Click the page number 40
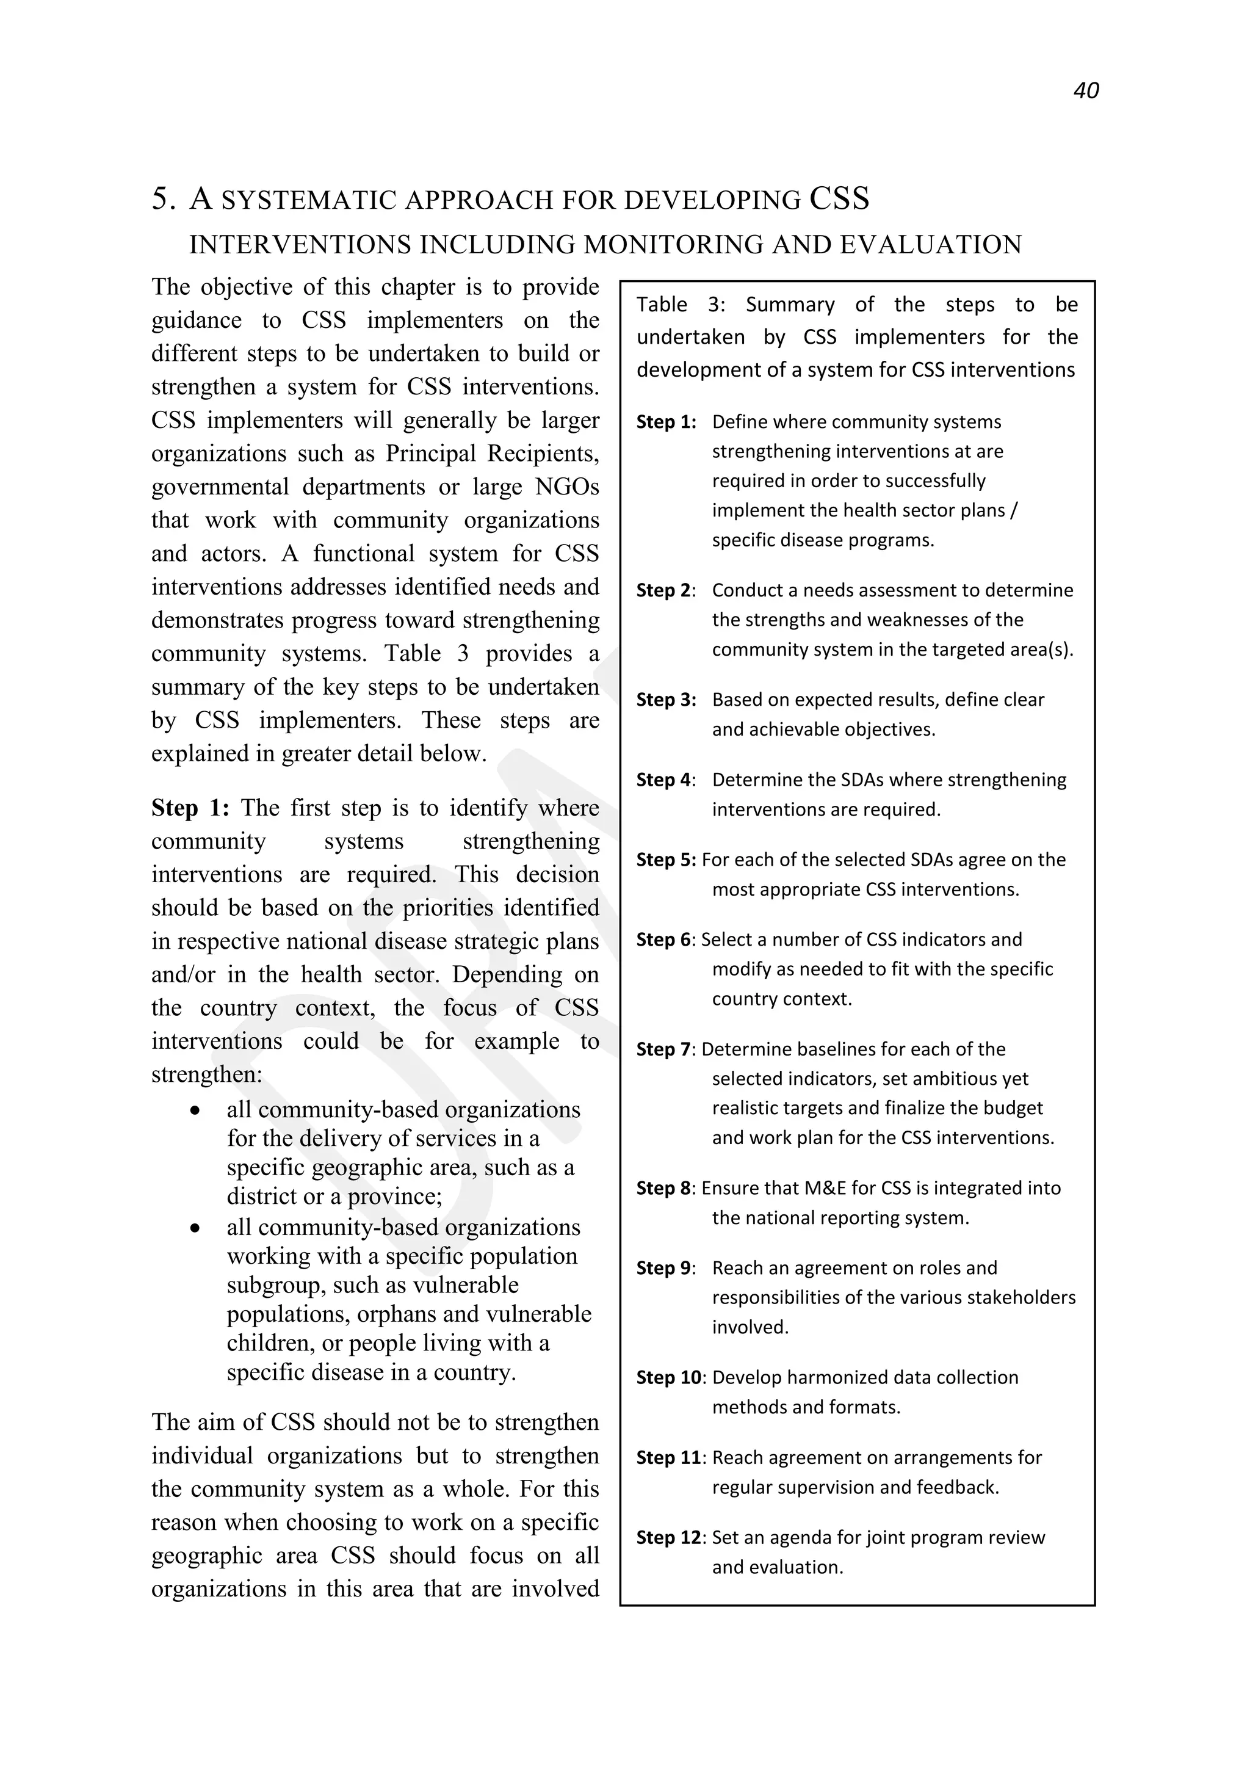click(1085, 91)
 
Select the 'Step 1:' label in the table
click(666, 422)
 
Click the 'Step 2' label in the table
click(664, 590)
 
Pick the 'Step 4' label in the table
click(664, 780)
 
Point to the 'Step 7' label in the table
click(664, 1049)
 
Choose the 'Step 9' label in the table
click(664, 1268)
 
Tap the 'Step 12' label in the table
click(669, 1538)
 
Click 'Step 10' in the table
click(669, 1378)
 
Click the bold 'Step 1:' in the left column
click(190, 808)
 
